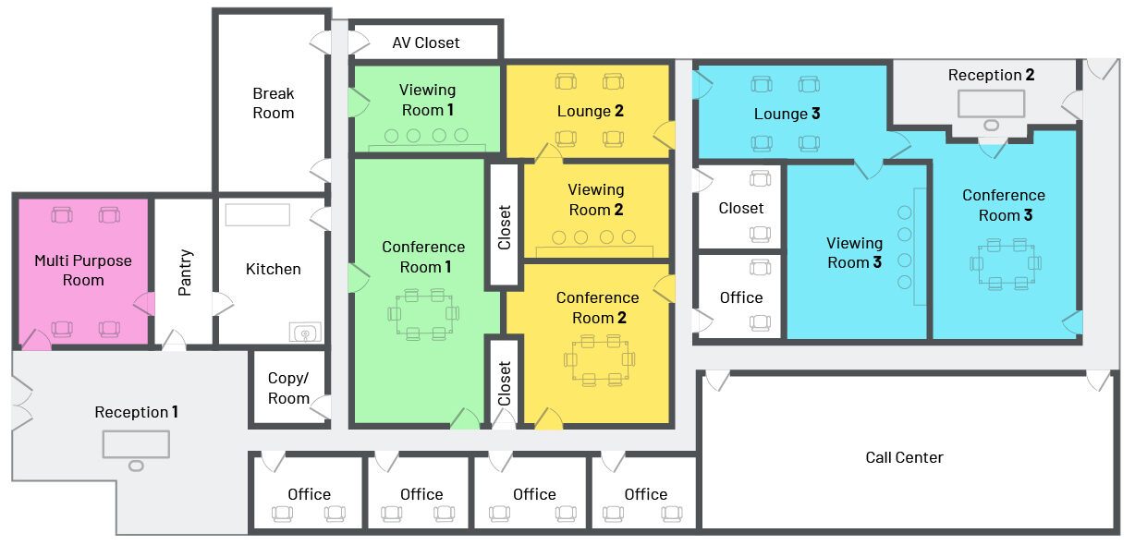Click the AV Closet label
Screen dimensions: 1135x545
pos(425,42)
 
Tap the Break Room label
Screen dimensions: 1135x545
pos(273,103)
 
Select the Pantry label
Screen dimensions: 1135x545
pos(185,272)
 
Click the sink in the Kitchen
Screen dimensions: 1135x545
pos(305,333)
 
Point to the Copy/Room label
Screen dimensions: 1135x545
pos(288,388)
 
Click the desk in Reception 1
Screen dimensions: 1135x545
pos(136,444)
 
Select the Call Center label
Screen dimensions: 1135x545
pos(904,457)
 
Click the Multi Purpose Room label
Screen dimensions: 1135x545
pos(83,271)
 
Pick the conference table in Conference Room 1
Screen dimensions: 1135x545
pos(423,314)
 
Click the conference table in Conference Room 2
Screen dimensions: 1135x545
pos(600,359)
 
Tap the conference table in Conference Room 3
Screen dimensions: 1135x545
pos(1006,263)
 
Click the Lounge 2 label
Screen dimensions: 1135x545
pos(590,111)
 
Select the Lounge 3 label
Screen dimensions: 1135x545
pos(787,114)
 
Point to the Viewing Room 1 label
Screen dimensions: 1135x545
pos(427,100)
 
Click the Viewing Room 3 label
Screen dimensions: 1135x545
pos(854,253)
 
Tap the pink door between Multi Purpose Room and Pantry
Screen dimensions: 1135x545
pos(144,304)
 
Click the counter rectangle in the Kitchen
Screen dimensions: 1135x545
pos(257,214)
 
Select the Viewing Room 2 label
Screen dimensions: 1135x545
pos(596,200)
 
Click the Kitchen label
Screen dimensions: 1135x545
pos(273,269)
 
